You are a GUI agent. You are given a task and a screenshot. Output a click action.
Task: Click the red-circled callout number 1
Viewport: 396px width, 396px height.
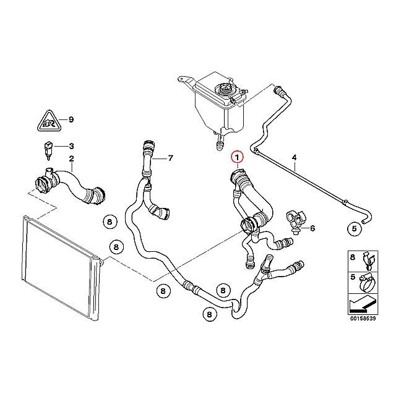(x=237, y=158)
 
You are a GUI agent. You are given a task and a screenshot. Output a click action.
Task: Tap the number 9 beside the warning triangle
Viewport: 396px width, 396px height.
(x=71, y=119)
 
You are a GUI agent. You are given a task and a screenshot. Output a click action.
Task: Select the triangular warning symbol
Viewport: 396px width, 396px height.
(x=48, y=121)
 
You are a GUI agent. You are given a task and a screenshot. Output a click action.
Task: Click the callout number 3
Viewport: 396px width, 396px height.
(x=72, y=146)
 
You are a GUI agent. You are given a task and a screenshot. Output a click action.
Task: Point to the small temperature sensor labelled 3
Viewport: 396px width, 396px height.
(x=47, y=150)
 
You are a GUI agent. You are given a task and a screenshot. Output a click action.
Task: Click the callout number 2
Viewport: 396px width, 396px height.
(x=72, y=159)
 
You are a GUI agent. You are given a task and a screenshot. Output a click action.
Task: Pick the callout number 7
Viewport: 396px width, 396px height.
(x=171, y=158)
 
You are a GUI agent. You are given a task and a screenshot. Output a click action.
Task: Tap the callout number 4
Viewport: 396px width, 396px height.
(x=295, y=158)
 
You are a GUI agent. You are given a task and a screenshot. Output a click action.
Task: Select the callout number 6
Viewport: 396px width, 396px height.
(x=312, y=228)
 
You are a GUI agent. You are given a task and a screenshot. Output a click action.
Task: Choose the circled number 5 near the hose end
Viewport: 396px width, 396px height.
(x=355, y=228)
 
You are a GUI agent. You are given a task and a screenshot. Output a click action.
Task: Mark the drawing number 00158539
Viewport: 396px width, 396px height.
(x=363, y=319)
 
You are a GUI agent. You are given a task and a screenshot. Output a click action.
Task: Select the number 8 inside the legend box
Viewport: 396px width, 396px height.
(x=353, y=257)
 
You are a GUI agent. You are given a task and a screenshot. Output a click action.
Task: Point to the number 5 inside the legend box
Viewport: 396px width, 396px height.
(x=353, y=277)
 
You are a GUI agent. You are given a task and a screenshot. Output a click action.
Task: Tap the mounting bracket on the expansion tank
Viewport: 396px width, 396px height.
(x=186, y=80)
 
